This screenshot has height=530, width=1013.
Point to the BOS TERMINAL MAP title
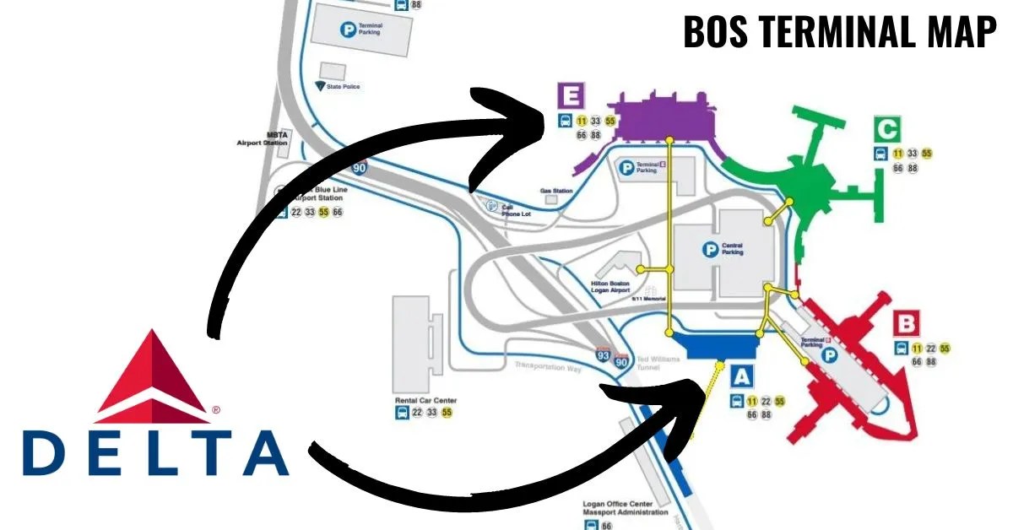click(x=839, y=32)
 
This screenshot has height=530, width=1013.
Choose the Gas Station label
click(x=556, y=191)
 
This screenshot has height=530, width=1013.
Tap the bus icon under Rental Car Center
click(x=402, y=413)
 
